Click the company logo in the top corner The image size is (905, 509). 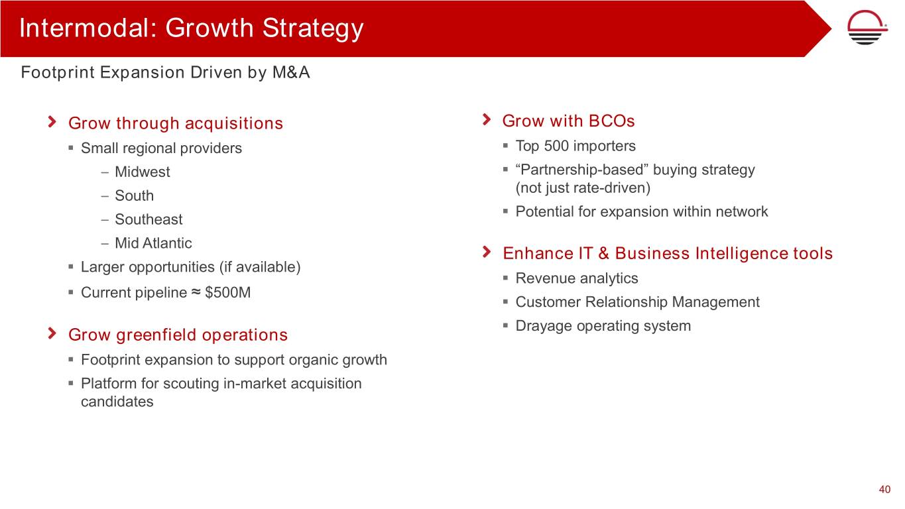[x=867, y=27]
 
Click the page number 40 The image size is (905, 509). [x=885, y=489]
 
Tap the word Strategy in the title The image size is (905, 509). [x=313, y=28]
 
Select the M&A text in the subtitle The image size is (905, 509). [x=291, y=72]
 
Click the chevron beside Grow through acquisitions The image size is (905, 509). [x=52, y=121]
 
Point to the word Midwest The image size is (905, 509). [x=142, y=172]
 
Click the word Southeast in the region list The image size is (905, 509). [x=149, y=219]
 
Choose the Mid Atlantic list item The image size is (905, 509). [x=153, y=243]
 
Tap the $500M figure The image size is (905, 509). [x=228, y=292]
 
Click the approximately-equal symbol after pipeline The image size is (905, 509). [x=196, y=292]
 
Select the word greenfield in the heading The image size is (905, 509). [x=156, y=335]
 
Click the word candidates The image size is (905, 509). [x=117, y=402]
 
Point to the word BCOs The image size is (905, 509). [x=612, y=121]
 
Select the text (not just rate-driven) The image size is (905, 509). [x=583, y=188]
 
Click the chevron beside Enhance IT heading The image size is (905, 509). [x=487, y=252]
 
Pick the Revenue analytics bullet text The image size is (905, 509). [x=577, y=278]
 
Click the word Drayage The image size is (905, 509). [x=544, y=326]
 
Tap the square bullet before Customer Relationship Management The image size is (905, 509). [x=505, y=302]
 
